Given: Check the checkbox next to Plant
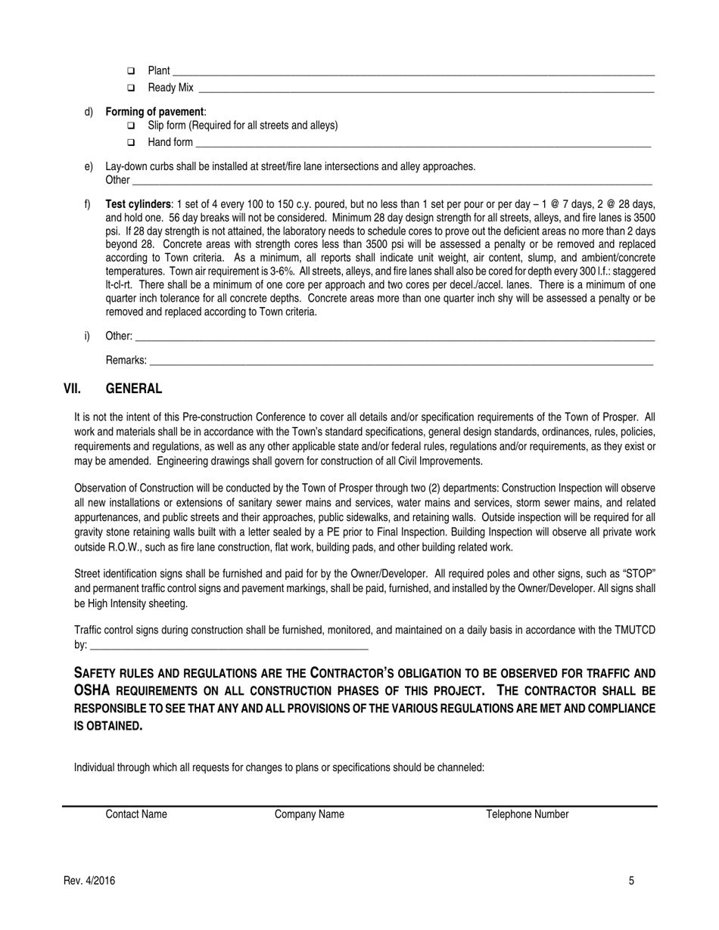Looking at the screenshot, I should pos(131,71).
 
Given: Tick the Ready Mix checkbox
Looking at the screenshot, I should pos(131,88).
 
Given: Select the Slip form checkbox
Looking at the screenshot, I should pos(131,126).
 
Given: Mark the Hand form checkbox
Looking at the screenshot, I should pos(131,142).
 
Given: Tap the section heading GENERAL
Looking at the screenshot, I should pos(133,389).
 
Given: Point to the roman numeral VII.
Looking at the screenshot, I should pos(72,389).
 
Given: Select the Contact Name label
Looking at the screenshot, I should pos(136,814).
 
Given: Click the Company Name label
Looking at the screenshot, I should pos(309,814).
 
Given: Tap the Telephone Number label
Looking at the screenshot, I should pos(527,814).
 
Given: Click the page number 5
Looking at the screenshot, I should pos(631,880).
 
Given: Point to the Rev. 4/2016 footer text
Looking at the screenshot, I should pos(89,880).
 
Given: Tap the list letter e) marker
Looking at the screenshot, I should pos(89,166).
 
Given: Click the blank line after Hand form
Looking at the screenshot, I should pos(422,144).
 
